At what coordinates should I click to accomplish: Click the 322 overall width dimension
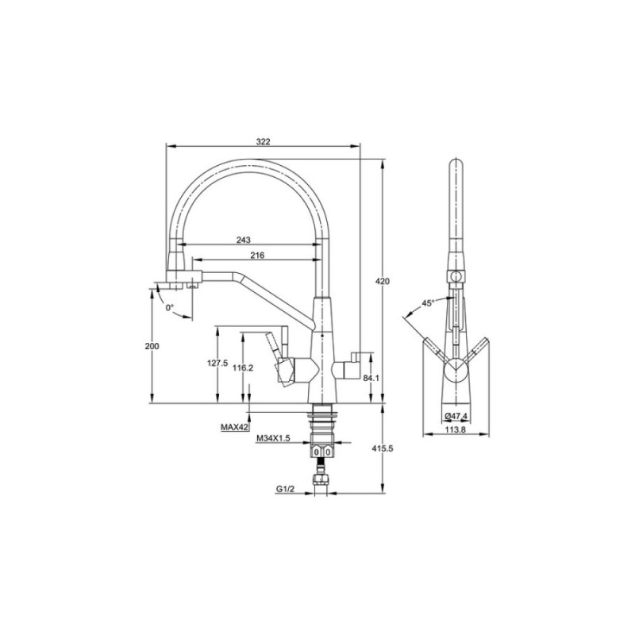(263, 141)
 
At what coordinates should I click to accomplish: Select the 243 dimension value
(244, 241)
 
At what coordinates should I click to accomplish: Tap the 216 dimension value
(257, 255)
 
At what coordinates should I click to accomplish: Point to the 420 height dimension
(383, 281)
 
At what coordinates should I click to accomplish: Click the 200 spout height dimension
(152, 346)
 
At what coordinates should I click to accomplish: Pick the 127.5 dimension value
(217, 364)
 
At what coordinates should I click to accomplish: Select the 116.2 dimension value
(243, 368)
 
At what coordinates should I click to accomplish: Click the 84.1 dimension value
(371, 378)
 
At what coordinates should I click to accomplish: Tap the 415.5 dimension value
(383, 448)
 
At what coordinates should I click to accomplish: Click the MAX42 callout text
(234, 427)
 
